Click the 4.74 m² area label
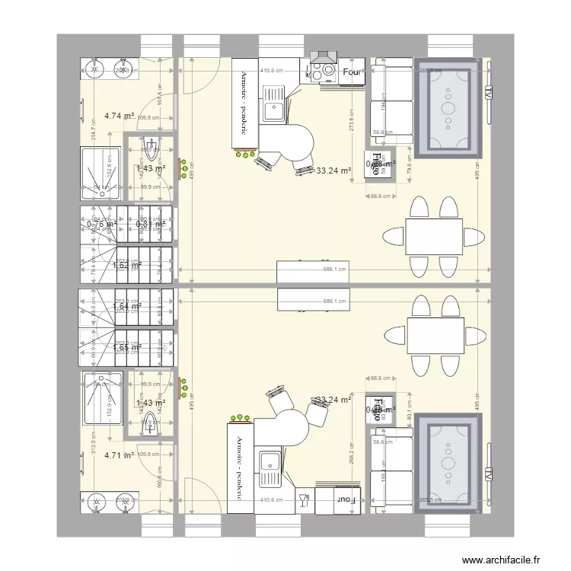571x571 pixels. click(119, 116)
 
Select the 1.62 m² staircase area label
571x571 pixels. click(126, 266)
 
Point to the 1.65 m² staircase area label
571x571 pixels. click(126, 347)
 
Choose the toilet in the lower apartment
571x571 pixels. click(150, 419)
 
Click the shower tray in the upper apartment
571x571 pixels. click(100, 173)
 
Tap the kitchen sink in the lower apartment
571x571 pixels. click(271, 462)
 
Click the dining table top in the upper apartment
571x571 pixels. click(434, 236)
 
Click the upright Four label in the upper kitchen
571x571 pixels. click(352, 72)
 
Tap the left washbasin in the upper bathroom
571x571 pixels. click(96, 69)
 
